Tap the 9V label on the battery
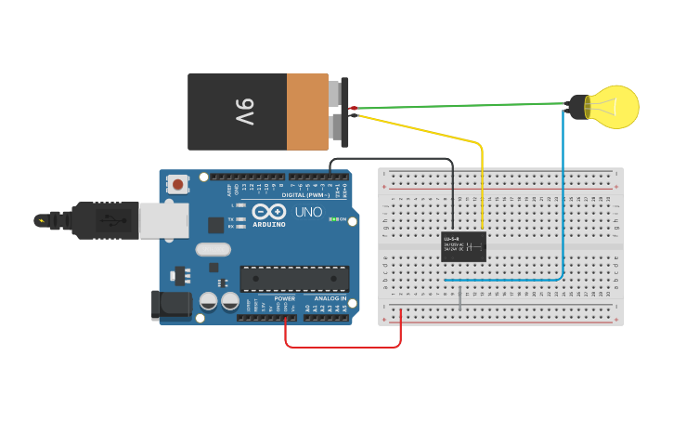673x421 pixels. click(244, 112)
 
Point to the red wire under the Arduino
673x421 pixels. click(343, 347)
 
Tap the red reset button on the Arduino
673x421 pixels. click(177, 184)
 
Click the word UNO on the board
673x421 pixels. click(308, 213)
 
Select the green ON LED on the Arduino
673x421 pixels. click(333, 219)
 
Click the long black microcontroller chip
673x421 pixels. click(294, 278)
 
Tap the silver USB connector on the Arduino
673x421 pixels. click(163, 219)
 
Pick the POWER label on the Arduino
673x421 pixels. click(284, 298)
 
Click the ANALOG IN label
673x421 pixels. click(330, 298)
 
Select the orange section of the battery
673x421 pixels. click(306, 112)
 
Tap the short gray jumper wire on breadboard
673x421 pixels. click(459, 298)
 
